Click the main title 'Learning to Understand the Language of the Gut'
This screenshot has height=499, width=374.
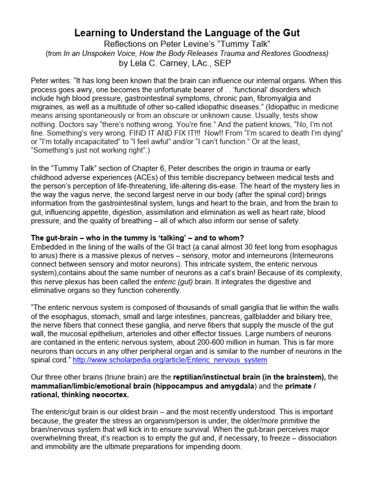pos(187,33)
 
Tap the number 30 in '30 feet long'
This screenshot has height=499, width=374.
pos(251,247)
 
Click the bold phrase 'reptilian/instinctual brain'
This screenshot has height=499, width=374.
pos(216,378)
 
